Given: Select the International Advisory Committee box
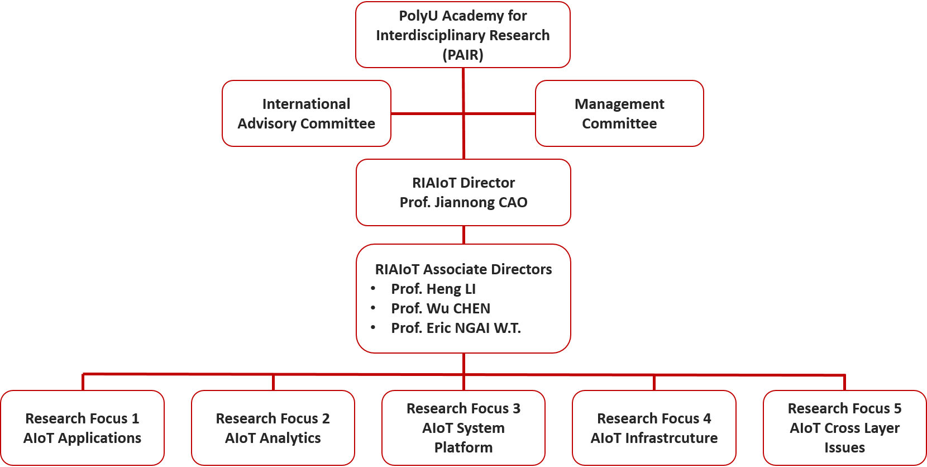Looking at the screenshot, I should tap(306, 113).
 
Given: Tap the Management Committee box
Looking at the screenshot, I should tap(619, 113).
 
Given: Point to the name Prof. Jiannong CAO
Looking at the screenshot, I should tap(463, 202).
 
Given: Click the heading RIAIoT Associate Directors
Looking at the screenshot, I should tap(463, 269).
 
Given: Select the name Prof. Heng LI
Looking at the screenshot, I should tap(433, 289).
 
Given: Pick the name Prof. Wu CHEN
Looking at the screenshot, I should tap(441, 308).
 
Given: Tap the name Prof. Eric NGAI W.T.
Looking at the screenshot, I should tap(456, 328).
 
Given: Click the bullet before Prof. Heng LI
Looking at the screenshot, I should tap(373, 288).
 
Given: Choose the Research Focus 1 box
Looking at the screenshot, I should tap(82, 428).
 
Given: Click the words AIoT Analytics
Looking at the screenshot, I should tap(273, 438).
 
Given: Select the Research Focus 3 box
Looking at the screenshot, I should tap(463, 428).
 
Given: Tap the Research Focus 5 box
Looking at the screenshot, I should tap(844, 428).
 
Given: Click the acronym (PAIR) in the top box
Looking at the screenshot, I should tap(463, 55).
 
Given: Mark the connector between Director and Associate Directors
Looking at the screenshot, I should tap(464, 235).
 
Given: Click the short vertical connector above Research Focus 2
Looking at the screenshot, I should tap(273, 383).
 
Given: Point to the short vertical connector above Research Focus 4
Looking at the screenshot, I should tap(654, 383).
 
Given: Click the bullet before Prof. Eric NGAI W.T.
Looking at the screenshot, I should tap(373, 327).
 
